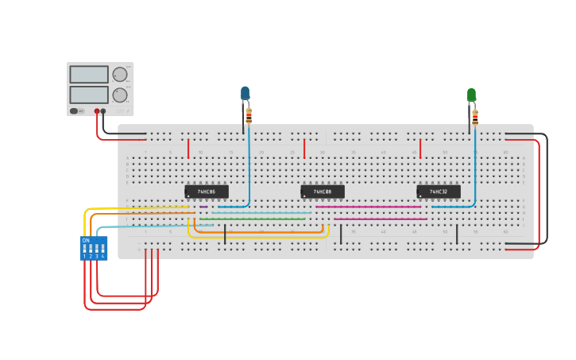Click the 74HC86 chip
(x=207, y=192)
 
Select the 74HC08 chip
(x=323, y=192)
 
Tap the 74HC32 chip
(x=439, y=192)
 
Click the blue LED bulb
(x=245, y=93)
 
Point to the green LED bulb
(x=471, y=95)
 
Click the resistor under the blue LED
(x=249, y=117)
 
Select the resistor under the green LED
(x=475, y=118)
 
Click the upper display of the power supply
(x=89, y=75)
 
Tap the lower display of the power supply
(x=89, y=95)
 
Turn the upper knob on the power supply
(x=120, y=75)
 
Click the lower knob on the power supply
(x=120, y=95)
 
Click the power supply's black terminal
(x=103, y=111)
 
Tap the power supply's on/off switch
(x=74, y=111)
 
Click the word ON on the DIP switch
(x=86, y=240)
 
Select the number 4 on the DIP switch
(x=102, y=256)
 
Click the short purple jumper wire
(x=203, y=207)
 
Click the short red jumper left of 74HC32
(x=420, y=149)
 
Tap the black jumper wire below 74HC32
(x=457, y=234)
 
